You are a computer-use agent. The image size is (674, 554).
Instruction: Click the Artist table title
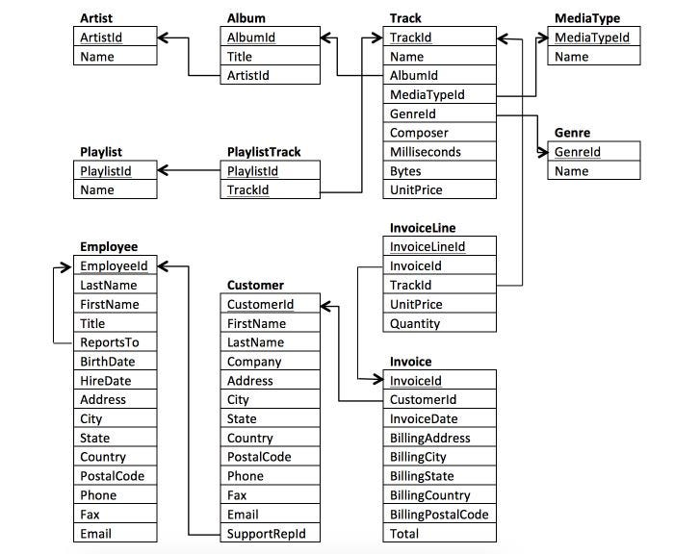click(x=96, y=18)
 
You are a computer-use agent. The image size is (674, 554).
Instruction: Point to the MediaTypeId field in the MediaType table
click(x=593, y=38)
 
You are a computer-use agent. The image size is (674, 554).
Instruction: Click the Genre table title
click(x=572, y=133)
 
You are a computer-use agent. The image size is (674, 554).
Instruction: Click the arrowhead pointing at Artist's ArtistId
click(x=165, y=38)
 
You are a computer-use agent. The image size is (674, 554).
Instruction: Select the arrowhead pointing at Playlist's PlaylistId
click(x=165, y=171)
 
